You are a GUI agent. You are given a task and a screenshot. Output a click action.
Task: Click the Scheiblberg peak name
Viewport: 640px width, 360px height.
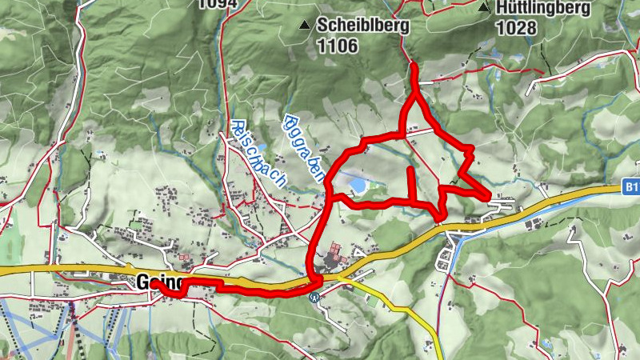tap(362, 25)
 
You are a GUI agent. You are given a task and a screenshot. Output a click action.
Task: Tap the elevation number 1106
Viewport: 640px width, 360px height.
tap(337, 46)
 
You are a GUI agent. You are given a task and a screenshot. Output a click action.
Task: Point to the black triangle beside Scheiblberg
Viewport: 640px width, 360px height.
tap(304, 26)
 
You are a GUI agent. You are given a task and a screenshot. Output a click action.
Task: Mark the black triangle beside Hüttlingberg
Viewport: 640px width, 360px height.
tap(483, 8)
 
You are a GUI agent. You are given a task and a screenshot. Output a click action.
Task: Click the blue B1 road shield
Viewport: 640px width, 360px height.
tap(631, 188)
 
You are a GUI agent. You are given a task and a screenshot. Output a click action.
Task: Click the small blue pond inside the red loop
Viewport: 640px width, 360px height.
tap(357, 186)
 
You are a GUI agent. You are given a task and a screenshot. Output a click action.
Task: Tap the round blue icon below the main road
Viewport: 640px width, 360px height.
tap(315, 296)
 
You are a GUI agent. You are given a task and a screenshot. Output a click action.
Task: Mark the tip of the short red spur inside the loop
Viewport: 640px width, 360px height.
tap(410, 169)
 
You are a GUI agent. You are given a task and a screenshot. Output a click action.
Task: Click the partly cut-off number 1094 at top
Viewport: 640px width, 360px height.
tap(218, 3)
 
